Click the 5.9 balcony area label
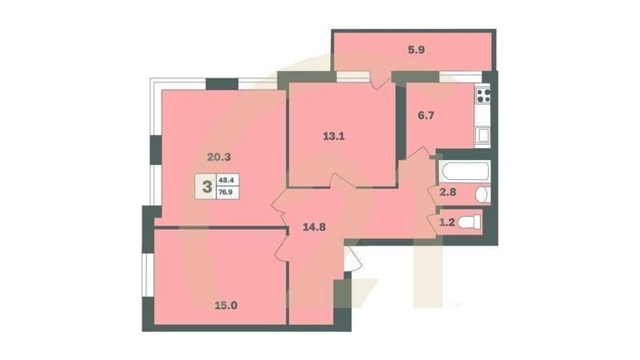416,50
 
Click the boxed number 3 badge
208,188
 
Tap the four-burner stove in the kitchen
483,96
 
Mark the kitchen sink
482,134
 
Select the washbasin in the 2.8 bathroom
482,194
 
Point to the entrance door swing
352,258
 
